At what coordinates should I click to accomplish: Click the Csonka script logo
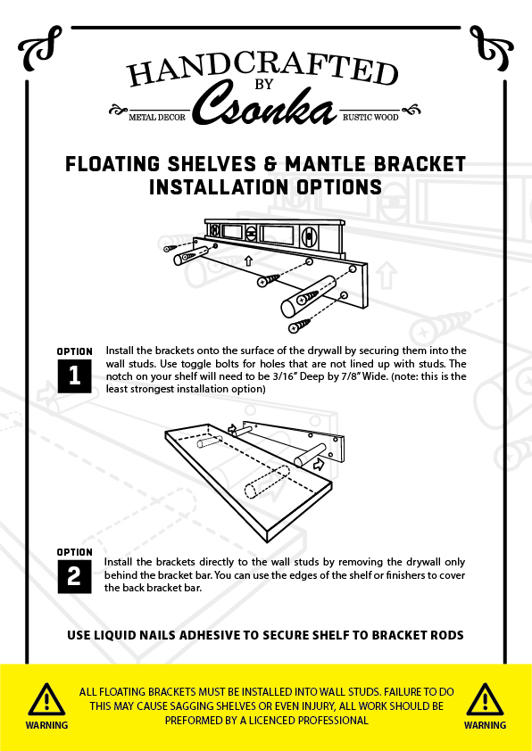tap(264, 105)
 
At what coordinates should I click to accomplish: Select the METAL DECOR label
tap(157, 117)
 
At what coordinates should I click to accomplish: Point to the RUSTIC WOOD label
tap(370, 117)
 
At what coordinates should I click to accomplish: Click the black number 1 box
tap(75, 376)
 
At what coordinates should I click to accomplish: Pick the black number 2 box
tap(75, 577)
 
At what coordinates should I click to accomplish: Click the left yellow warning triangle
tap(46, 700)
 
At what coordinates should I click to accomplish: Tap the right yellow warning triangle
tap(485, 700)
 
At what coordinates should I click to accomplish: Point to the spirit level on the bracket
tap(275, 235)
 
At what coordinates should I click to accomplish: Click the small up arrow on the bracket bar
tap(248, 260)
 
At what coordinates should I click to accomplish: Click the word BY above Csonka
tap(264, 85)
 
